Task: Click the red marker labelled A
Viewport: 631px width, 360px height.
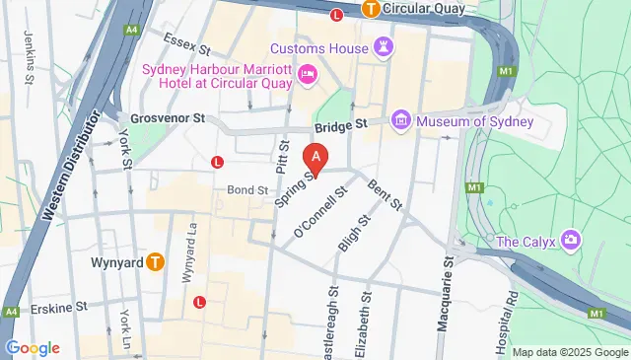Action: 315,157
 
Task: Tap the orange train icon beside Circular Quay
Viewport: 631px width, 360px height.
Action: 371,9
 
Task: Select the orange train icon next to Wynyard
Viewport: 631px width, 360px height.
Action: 155,262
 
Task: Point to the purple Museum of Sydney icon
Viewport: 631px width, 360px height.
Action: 400,121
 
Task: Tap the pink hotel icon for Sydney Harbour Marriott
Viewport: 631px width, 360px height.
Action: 307,73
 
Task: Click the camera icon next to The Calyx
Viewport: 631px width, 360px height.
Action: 570,241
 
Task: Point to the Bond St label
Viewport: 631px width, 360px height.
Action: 247,189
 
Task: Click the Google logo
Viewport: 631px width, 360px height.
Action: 33,347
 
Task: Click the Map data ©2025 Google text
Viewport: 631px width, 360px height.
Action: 569,352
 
